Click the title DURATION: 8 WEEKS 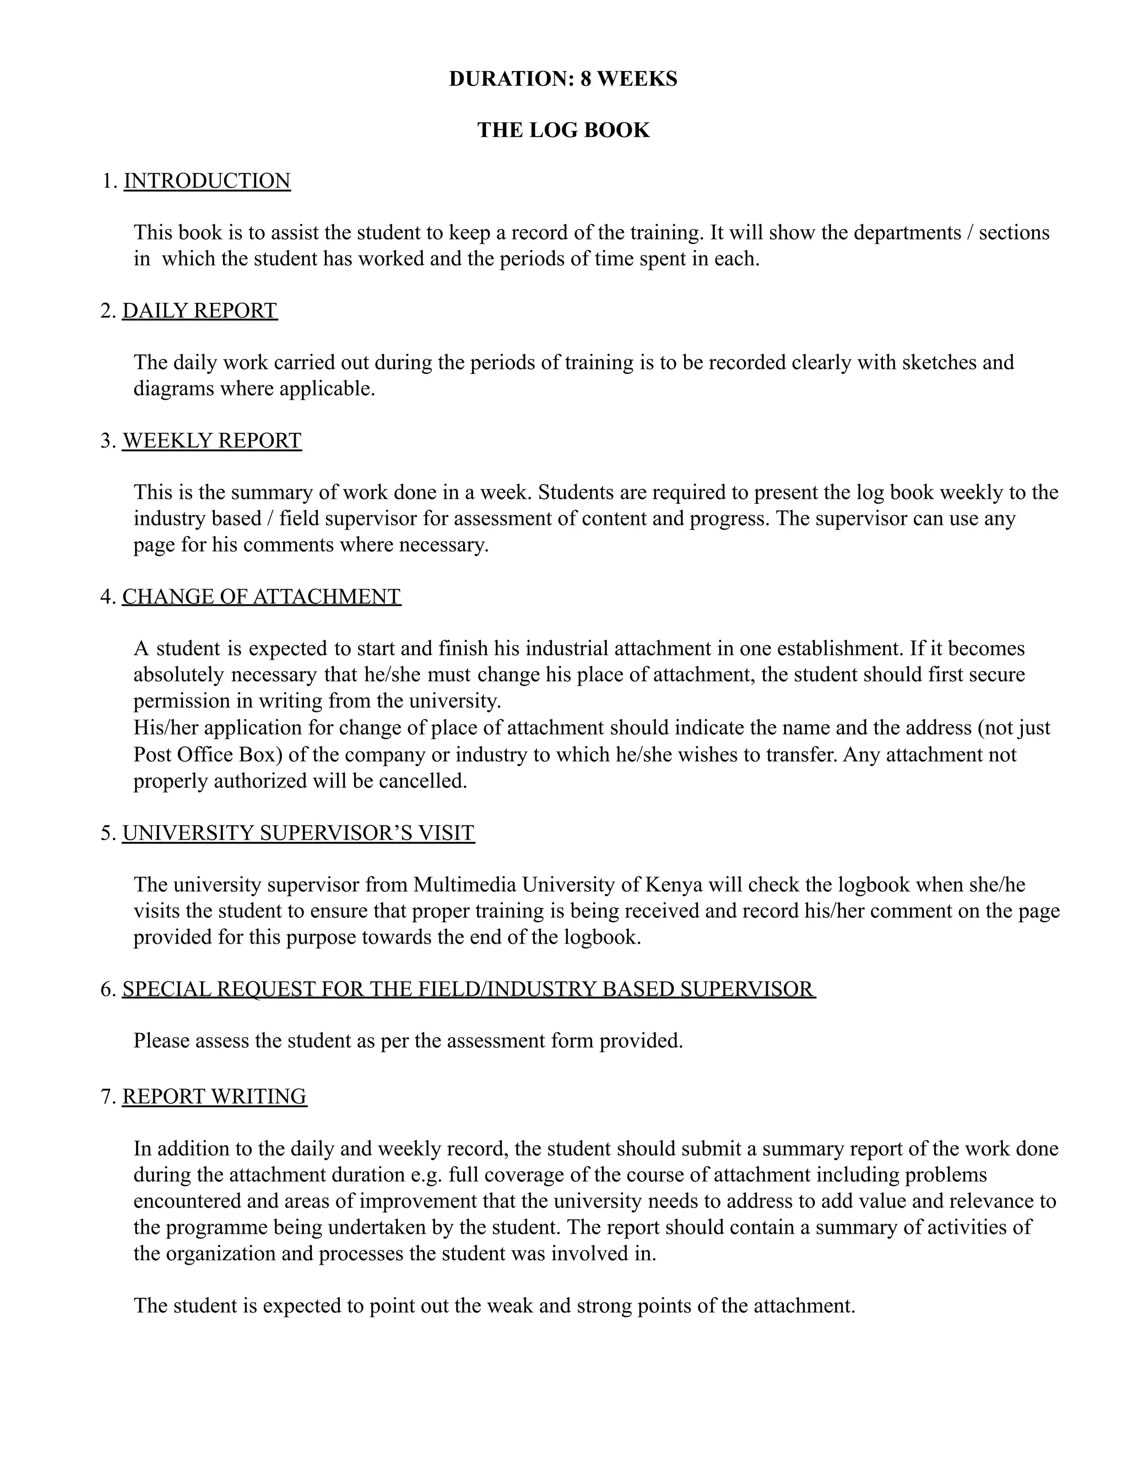tap(563, 79)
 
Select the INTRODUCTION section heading tap(207, 181)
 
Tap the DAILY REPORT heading tap(199, 311)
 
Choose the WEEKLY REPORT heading tap(212, 441)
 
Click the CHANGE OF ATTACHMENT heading tap(261, 597)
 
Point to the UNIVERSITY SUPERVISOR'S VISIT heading tap(298, 833)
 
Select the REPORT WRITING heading tap(214, 1096)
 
